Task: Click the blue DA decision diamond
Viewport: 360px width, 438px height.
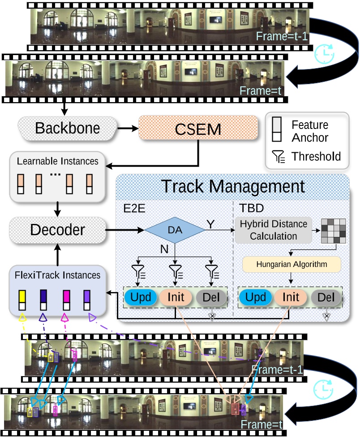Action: [x=175, y=230]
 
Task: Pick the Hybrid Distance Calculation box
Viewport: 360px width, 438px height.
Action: [x=274, y=230]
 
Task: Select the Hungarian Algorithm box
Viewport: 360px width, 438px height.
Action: [x=291, y=264]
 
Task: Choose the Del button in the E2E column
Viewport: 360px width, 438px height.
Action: [x=212, y=297]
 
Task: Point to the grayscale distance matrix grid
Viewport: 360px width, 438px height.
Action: [x=332, y=232]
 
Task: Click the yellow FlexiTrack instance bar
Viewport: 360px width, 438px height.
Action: [x=21, y=301]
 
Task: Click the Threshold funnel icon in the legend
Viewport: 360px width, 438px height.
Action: [x=278, y=157]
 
